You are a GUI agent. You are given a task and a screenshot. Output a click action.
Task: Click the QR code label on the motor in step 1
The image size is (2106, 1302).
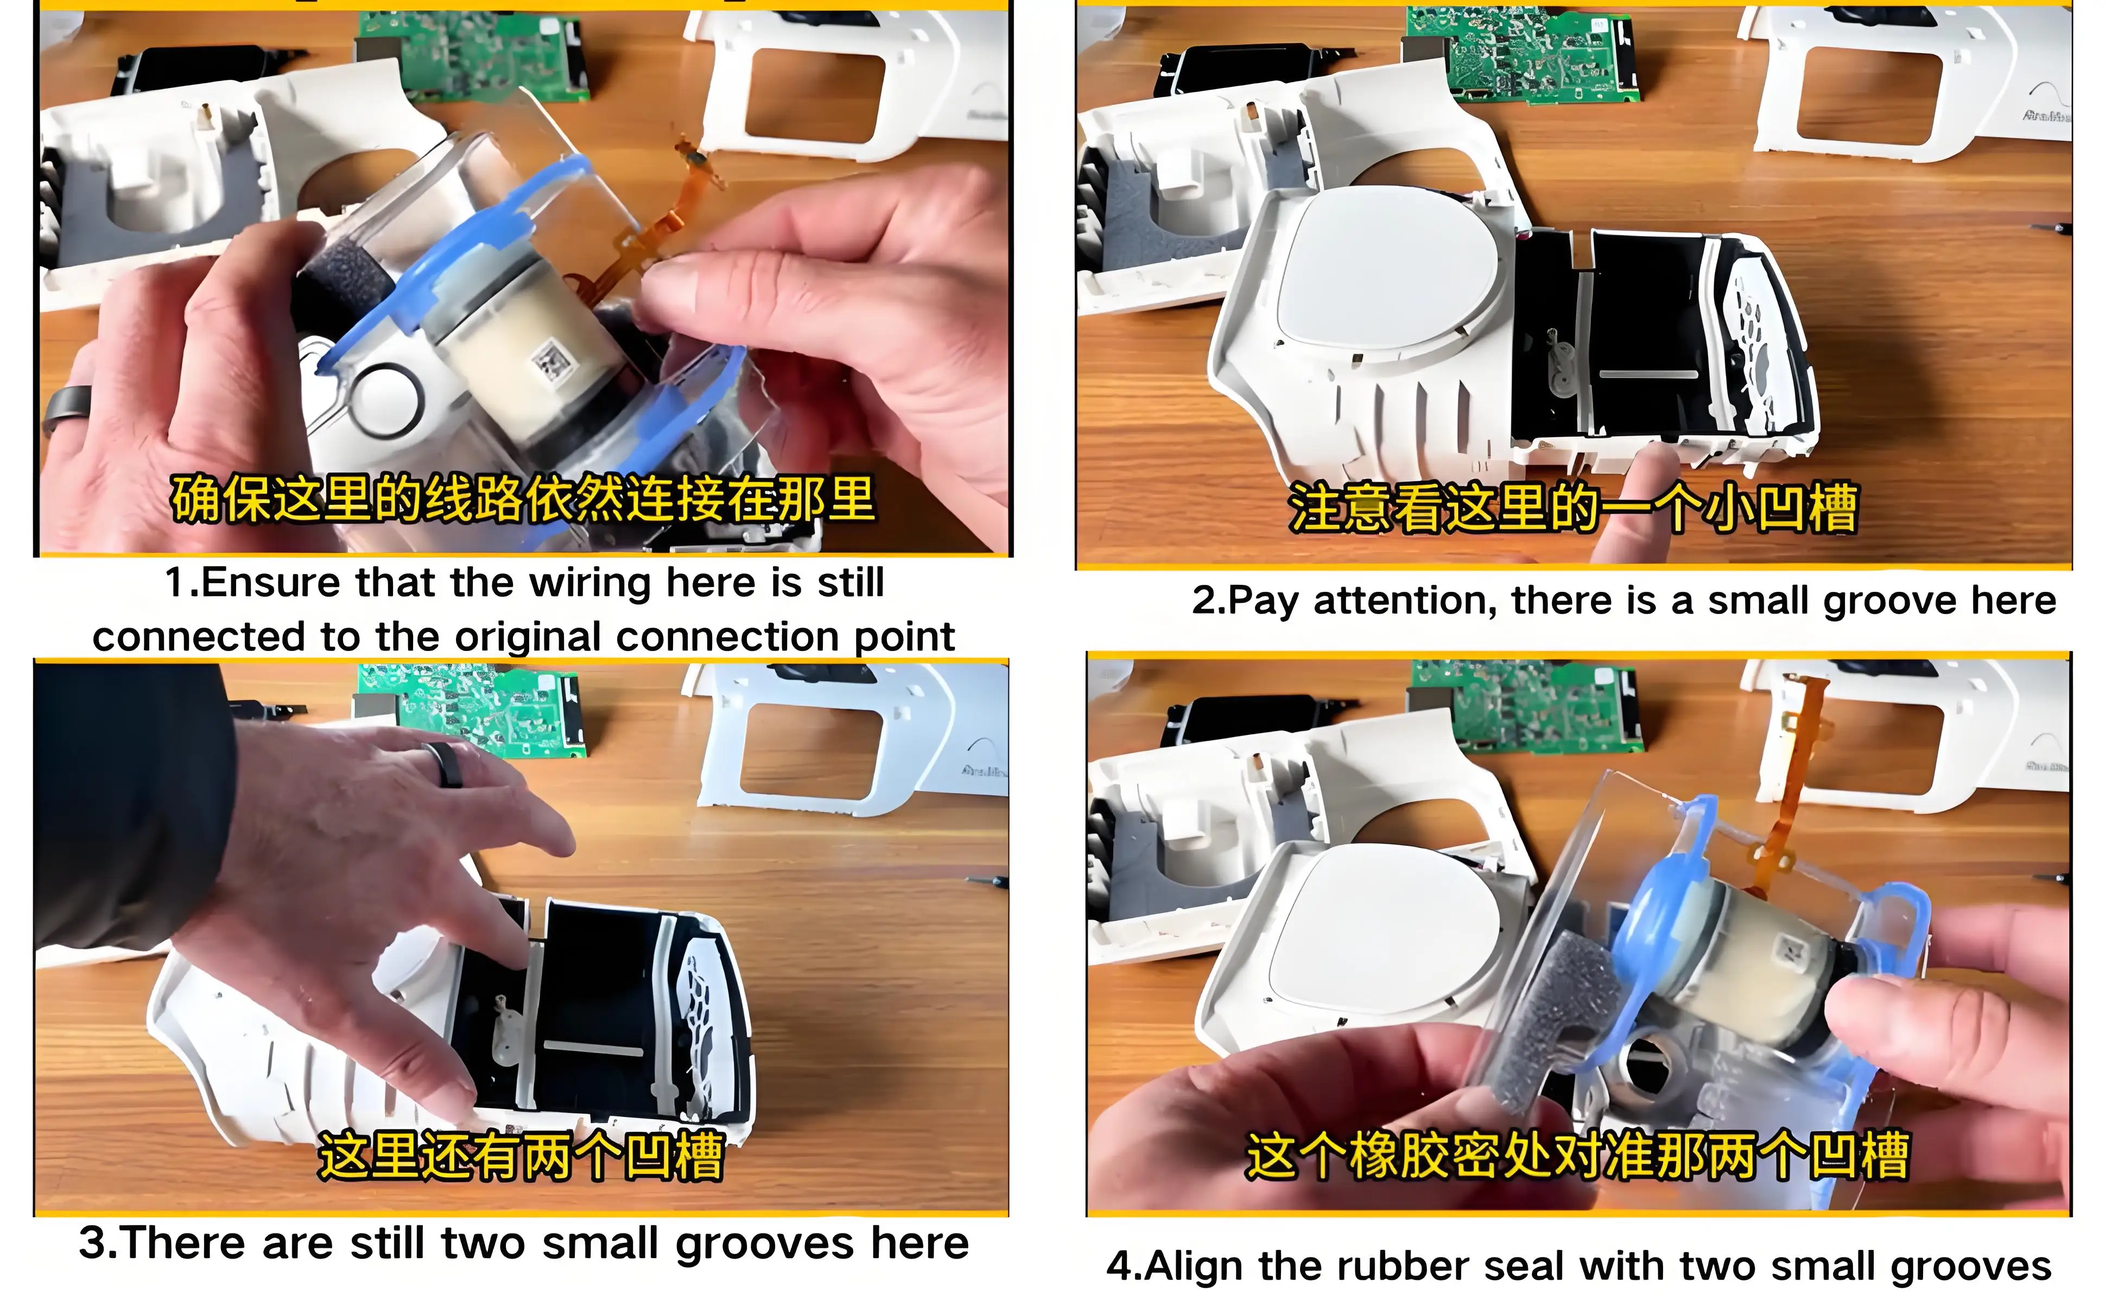tap(550, 362)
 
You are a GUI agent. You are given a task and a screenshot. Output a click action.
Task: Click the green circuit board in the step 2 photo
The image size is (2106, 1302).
tap(1520, 55)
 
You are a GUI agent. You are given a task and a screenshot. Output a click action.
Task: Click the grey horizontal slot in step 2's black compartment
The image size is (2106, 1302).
tap(1648, 374)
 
